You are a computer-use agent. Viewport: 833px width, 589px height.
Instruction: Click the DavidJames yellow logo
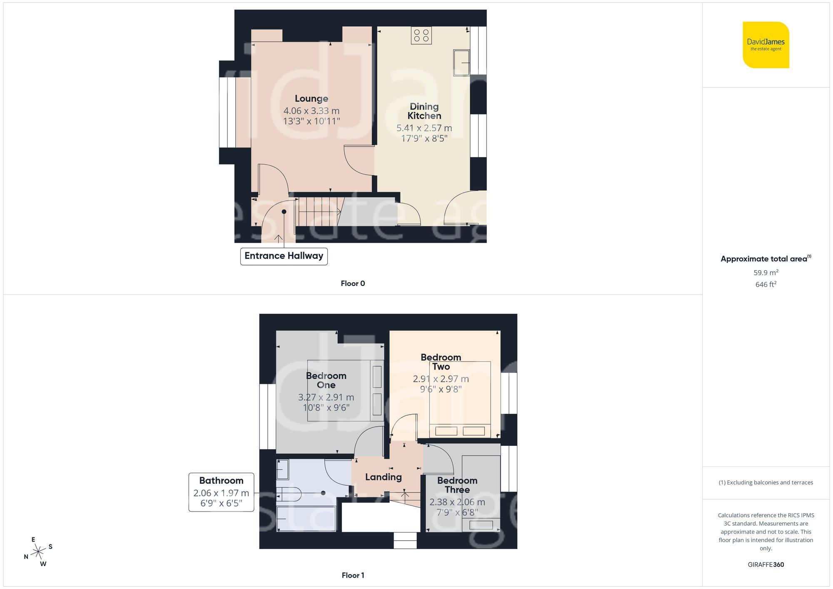[x=766, y=45]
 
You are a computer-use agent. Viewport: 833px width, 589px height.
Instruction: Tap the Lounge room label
[x=311, y=99]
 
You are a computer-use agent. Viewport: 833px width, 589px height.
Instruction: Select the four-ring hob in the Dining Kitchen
[x=421, y=35]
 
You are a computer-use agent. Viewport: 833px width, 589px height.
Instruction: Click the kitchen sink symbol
[x=461, y=63]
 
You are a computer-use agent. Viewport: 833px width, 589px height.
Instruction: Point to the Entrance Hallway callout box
[x=284, y=256]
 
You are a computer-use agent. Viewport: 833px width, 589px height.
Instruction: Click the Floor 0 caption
[x=352, y=283]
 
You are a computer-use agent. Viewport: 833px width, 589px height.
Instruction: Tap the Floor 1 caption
[x=352, y=575]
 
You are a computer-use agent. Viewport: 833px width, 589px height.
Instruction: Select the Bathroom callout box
[x=221, y=492]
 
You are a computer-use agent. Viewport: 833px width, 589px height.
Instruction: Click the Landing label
[x=383, y=477]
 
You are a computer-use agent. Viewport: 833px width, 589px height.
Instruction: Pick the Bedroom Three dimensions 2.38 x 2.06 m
[x=457, y=502]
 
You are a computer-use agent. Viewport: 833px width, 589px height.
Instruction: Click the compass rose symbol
[x=38, y=552]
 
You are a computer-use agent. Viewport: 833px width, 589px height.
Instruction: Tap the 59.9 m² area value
[x=766, y=273]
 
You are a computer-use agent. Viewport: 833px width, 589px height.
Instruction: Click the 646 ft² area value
[x=766, y=284]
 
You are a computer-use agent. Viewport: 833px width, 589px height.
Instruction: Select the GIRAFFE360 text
[x=766, y=565]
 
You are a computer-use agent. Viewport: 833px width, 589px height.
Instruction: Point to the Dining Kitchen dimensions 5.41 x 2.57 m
[x=424, y=128]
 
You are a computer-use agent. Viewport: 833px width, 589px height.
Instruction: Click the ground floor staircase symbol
[x=319, y=211]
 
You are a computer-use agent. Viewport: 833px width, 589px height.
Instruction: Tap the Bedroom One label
[x=326, y=380]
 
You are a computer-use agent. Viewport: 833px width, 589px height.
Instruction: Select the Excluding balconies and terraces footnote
[x=766, y=482]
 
